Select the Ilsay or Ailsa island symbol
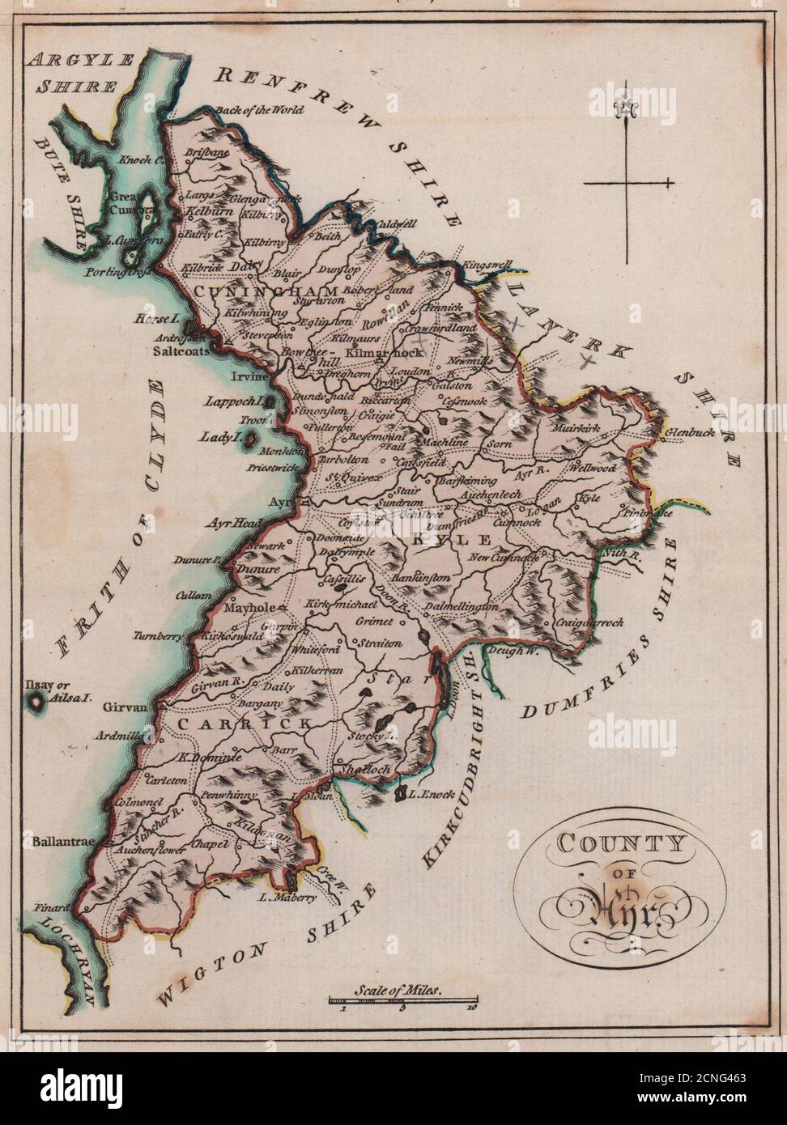point(36,702)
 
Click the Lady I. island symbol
point(252,439)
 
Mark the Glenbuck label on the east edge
point(689,433)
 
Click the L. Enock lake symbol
point(399,796)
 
